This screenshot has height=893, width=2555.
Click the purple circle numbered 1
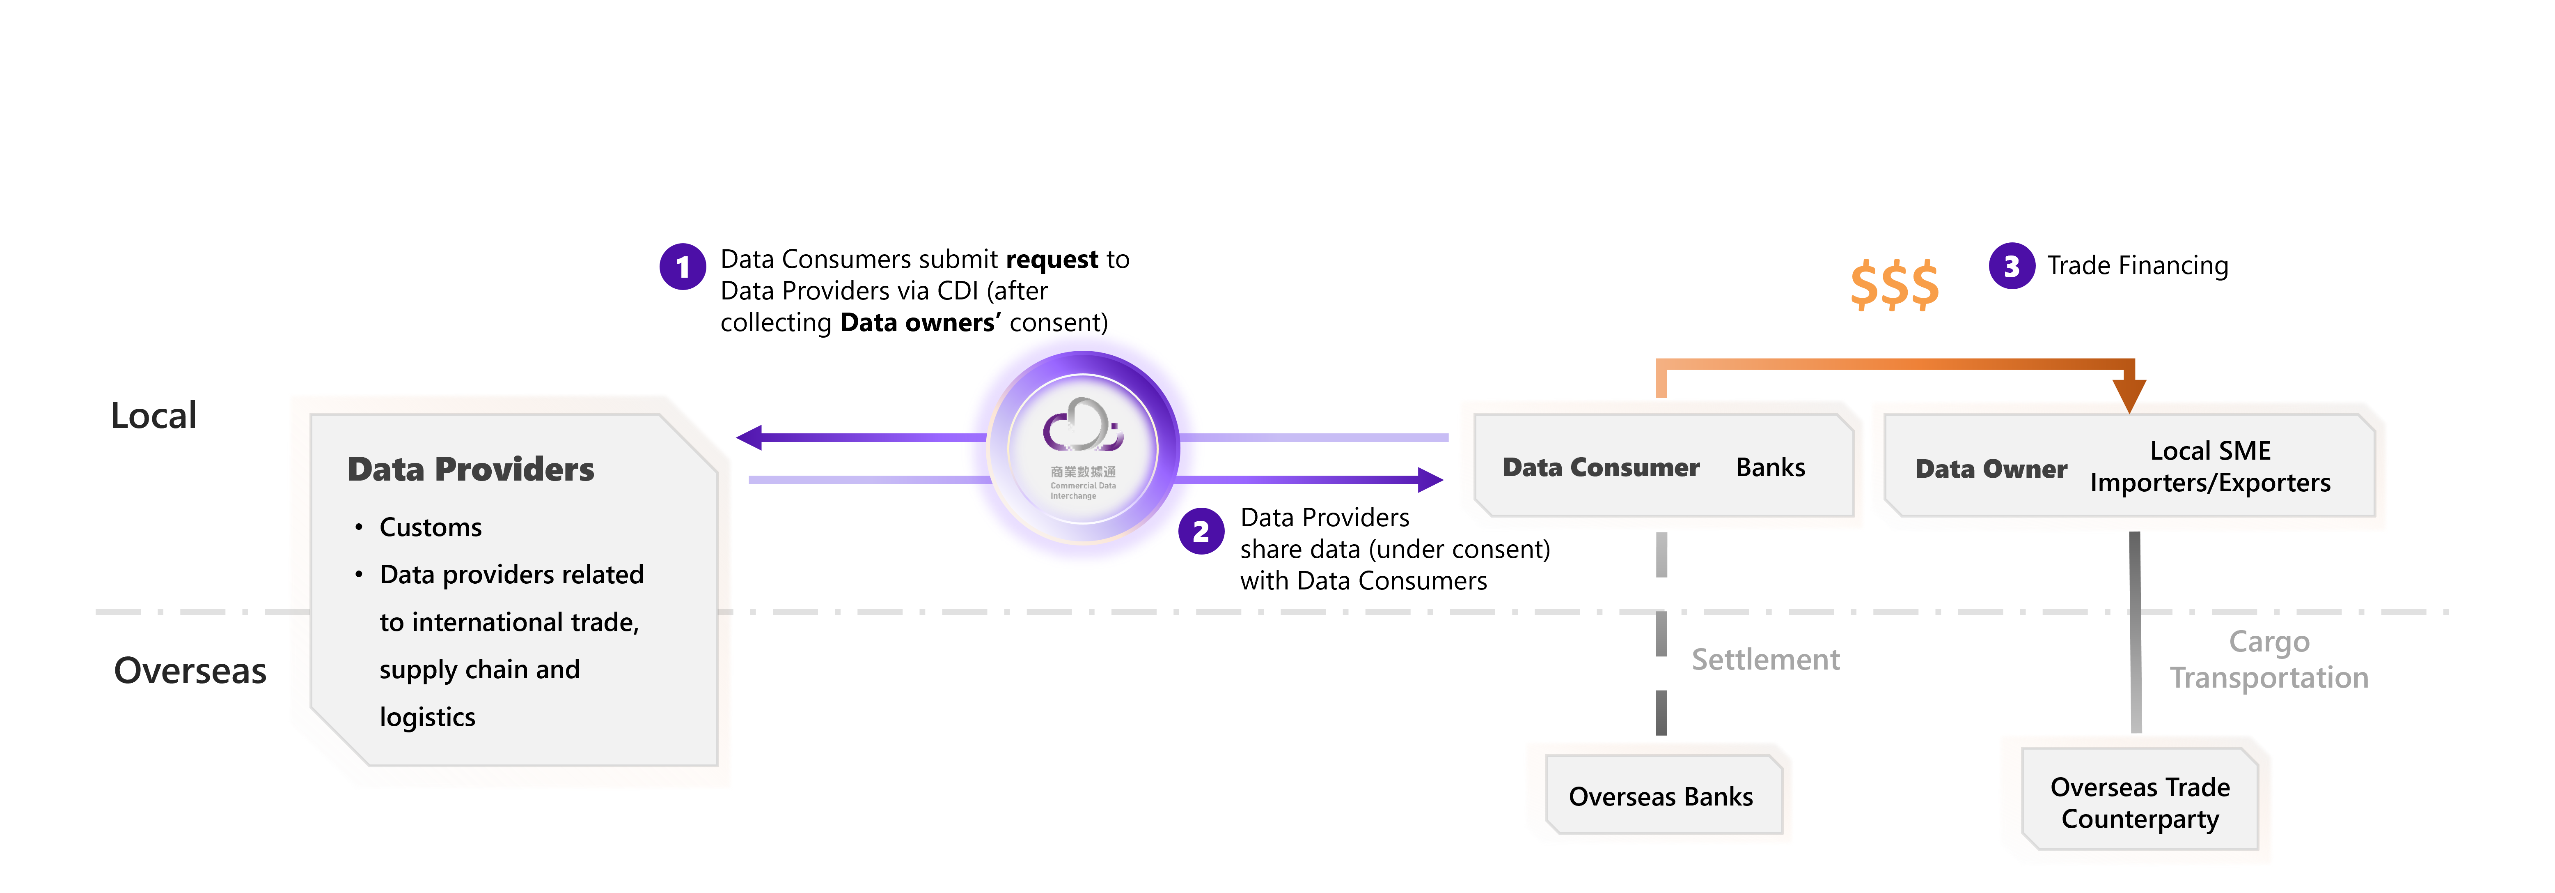(683, 267)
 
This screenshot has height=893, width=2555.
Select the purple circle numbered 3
(2012, 266)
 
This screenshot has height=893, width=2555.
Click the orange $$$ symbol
(1893, 285)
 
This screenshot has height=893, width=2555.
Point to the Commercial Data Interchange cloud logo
(1082, 427)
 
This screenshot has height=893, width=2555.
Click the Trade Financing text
(2138, 266)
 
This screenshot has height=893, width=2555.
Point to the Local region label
(154, 416)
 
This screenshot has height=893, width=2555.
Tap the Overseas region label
(190, 671)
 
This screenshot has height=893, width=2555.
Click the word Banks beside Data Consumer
(1771, 467)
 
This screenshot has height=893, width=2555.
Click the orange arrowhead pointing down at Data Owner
(2129, 394)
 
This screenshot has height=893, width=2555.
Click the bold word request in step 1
(1052, 260)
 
